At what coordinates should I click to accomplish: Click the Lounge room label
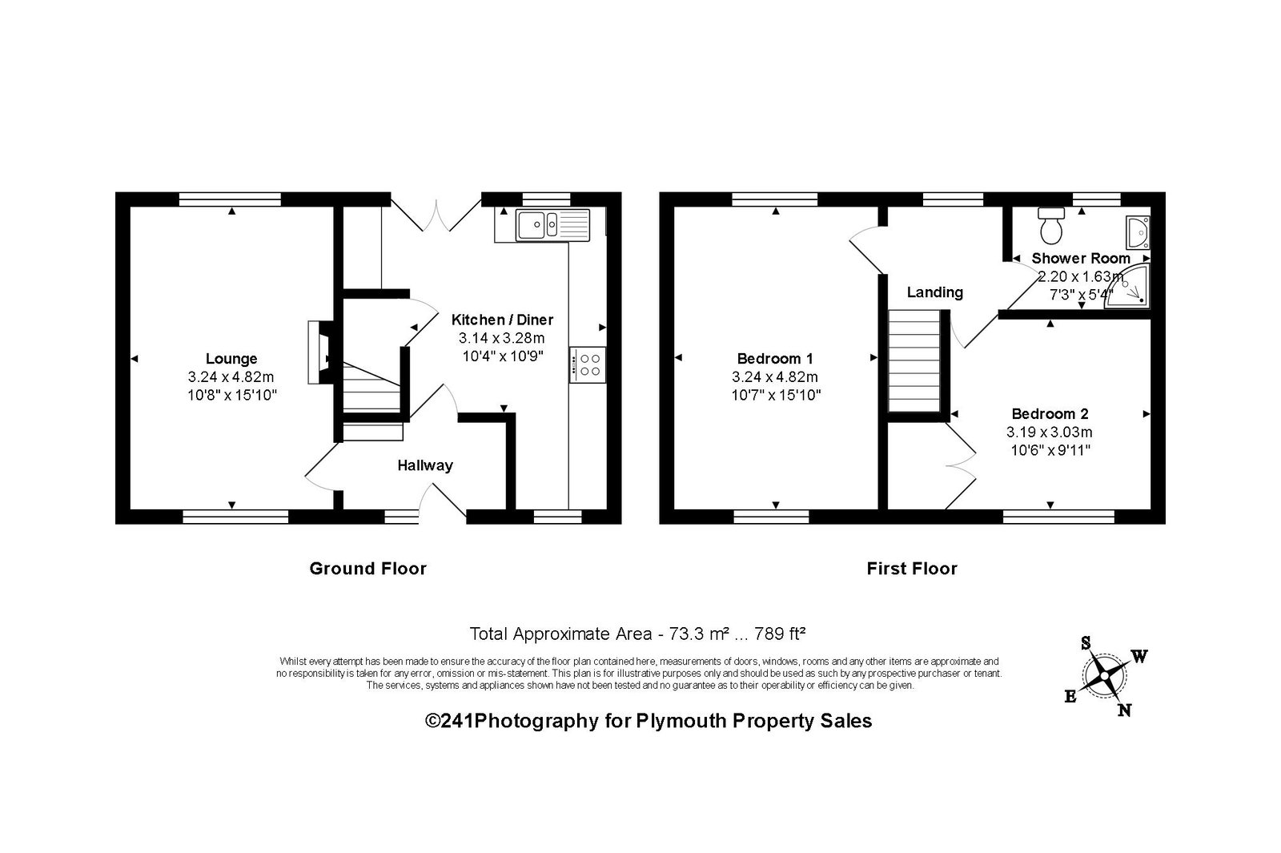point(231,359)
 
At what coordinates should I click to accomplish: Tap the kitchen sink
point(552,225)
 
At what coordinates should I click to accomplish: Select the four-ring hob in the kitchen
point(588,365)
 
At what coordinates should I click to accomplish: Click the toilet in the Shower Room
point(1051,225)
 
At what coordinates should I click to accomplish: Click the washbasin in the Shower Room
point(1138,232)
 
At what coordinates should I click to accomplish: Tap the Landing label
point(935,292)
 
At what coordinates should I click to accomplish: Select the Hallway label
point(425,465)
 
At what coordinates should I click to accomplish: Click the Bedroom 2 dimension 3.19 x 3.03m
point(1050,432)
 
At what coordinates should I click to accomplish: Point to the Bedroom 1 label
point(775,359)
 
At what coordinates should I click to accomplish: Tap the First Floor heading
point(912,569)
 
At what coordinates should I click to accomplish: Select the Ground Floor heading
point(367,569)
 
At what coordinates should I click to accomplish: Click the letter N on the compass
point(1124,710)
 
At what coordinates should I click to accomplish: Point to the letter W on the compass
point(1139,656)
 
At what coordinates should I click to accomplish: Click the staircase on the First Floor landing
point(914,361)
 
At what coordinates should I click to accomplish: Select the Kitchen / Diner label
point(502,320)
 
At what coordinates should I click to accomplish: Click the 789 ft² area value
point(780,634)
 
